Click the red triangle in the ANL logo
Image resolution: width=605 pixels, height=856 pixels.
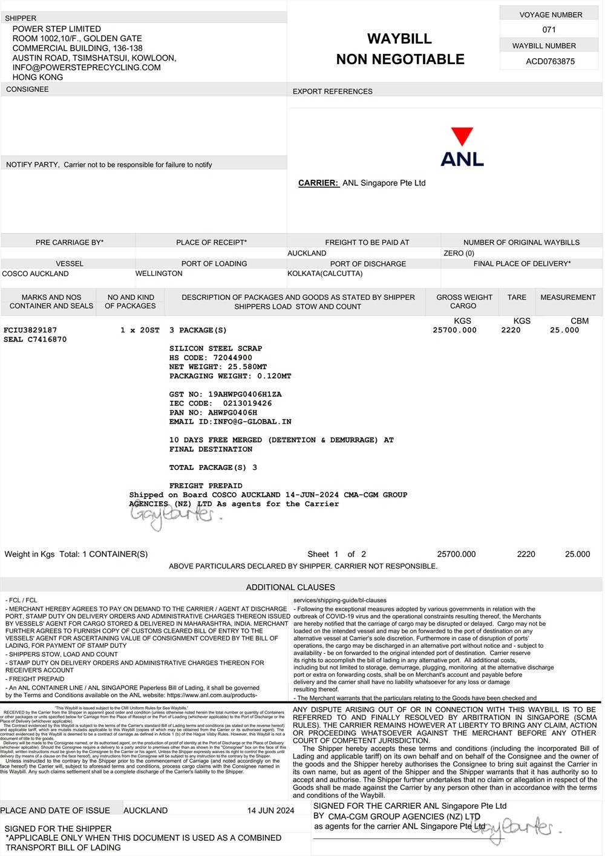(x=462, y=136)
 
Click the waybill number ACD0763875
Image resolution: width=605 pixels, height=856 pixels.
(x=550, y=61)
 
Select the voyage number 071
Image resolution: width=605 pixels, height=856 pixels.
(x=549, y=30)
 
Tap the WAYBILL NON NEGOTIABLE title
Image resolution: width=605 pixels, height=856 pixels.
(x=400, y=49)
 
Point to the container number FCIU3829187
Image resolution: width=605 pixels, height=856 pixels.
(x=30, y=331)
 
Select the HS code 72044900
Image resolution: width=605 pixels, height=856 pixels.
(x=233, y=358)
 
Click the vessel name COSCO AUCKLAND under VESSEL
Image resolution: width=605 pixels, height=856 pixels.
(x=36, y=274)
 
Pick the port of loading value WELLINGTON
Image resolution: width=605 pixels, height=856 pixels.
(x=159, y=274)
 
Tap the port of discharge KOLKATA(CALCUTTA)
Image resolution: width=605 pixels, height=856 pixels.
(x=325, y=274)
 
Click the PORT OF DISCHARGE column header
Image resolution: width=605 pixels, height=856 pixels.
(x=368, y=264)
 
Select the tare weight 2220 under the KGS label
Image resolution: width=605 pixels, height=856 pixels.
(x=511, y=331)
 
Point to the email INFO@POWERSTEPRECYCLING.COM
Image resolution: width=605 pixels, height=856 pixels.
(x=87, y=68)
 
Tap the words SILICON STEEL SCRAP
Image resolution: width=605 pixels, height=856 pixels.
(x=215, y=349)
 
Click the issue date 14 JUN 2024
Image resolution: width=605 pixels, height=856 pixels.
(x=270, y=811)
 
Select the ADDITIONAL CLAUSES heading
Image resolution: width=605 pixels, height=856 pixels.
(x=290, y=587)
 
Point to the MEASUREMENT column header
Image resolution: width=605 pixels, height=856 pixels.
(x=568, y=297)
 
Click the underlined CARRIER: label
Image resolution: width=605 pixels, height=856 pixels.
(x=318, y=183)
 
